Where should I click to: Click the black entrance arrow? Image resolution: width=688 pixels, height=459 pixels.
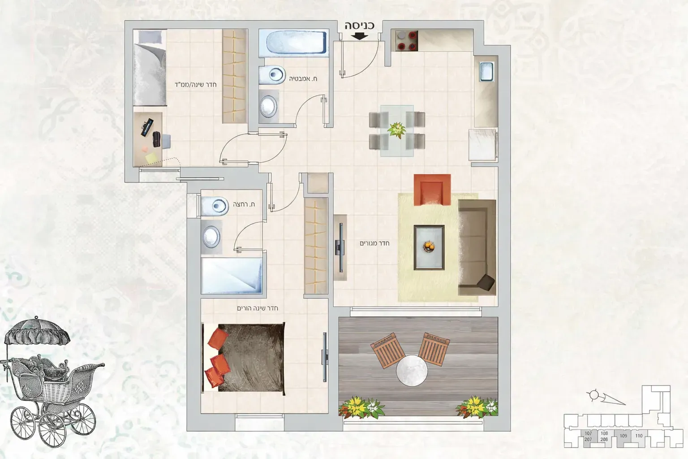click(x=360, y=36)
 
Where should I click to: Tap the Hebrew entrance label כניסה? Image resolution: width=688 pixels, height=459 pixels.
click(x=359, y=26)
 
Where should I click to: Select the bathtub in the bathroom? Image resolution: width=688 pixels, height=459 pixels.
click(x=294, y=43)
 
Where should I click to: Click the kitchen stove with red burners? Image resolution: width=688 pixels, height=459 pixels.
click(x=406, y=40)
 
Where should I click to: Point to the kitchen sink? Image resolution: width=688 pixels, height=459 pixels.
click(x=487, y=71)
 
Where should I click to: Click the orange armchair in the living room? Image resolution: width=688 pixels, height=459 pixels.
click(x=432, y=190)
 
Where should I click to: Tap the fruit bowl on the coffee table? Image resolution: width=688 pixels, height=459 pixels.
click(x=429, y=246)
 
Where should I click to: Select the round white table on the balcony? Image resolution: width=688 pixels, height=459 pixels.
click(x=412, y=370)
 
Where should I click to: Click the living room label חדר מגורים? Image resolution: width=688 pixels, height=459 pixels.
click(x=374, y=243)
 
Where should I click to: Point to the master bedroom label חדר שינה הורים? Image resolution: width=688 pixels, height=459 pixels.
click(x=258, y=308)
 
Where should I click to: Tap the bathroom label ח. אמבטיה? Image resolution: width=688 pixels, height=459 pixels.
click(x=303, y=79)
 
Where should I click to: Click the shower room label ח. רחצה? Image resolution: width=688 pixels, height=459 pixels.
click(x=244, y=204)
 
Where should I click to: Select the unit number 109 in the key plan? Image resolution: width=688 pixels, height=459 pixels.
click(x=623, y=436)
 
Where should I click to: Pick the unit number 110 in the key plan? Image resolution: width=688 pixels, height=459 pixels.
click(x=639, y=436)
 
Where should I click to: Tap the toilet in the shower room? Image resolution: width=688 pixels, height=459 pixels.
click(x=215, y=206)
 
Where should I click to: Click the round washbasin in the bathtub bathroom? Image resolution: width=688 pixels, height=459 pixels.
click(x=268, y=106)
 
